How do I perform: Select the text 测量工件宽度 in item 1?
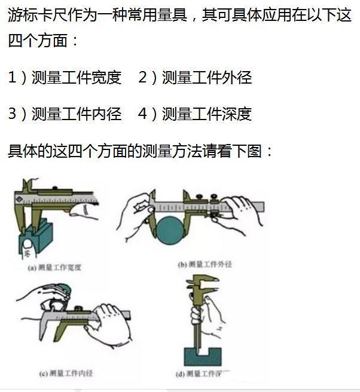tap(76, 77)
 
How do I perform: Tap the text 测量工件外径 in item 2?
tap(207, 77)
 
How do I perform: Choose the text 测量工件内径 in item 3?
tap(76, 114)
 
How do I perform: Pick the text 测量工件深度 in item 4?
tap(207, 114)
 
